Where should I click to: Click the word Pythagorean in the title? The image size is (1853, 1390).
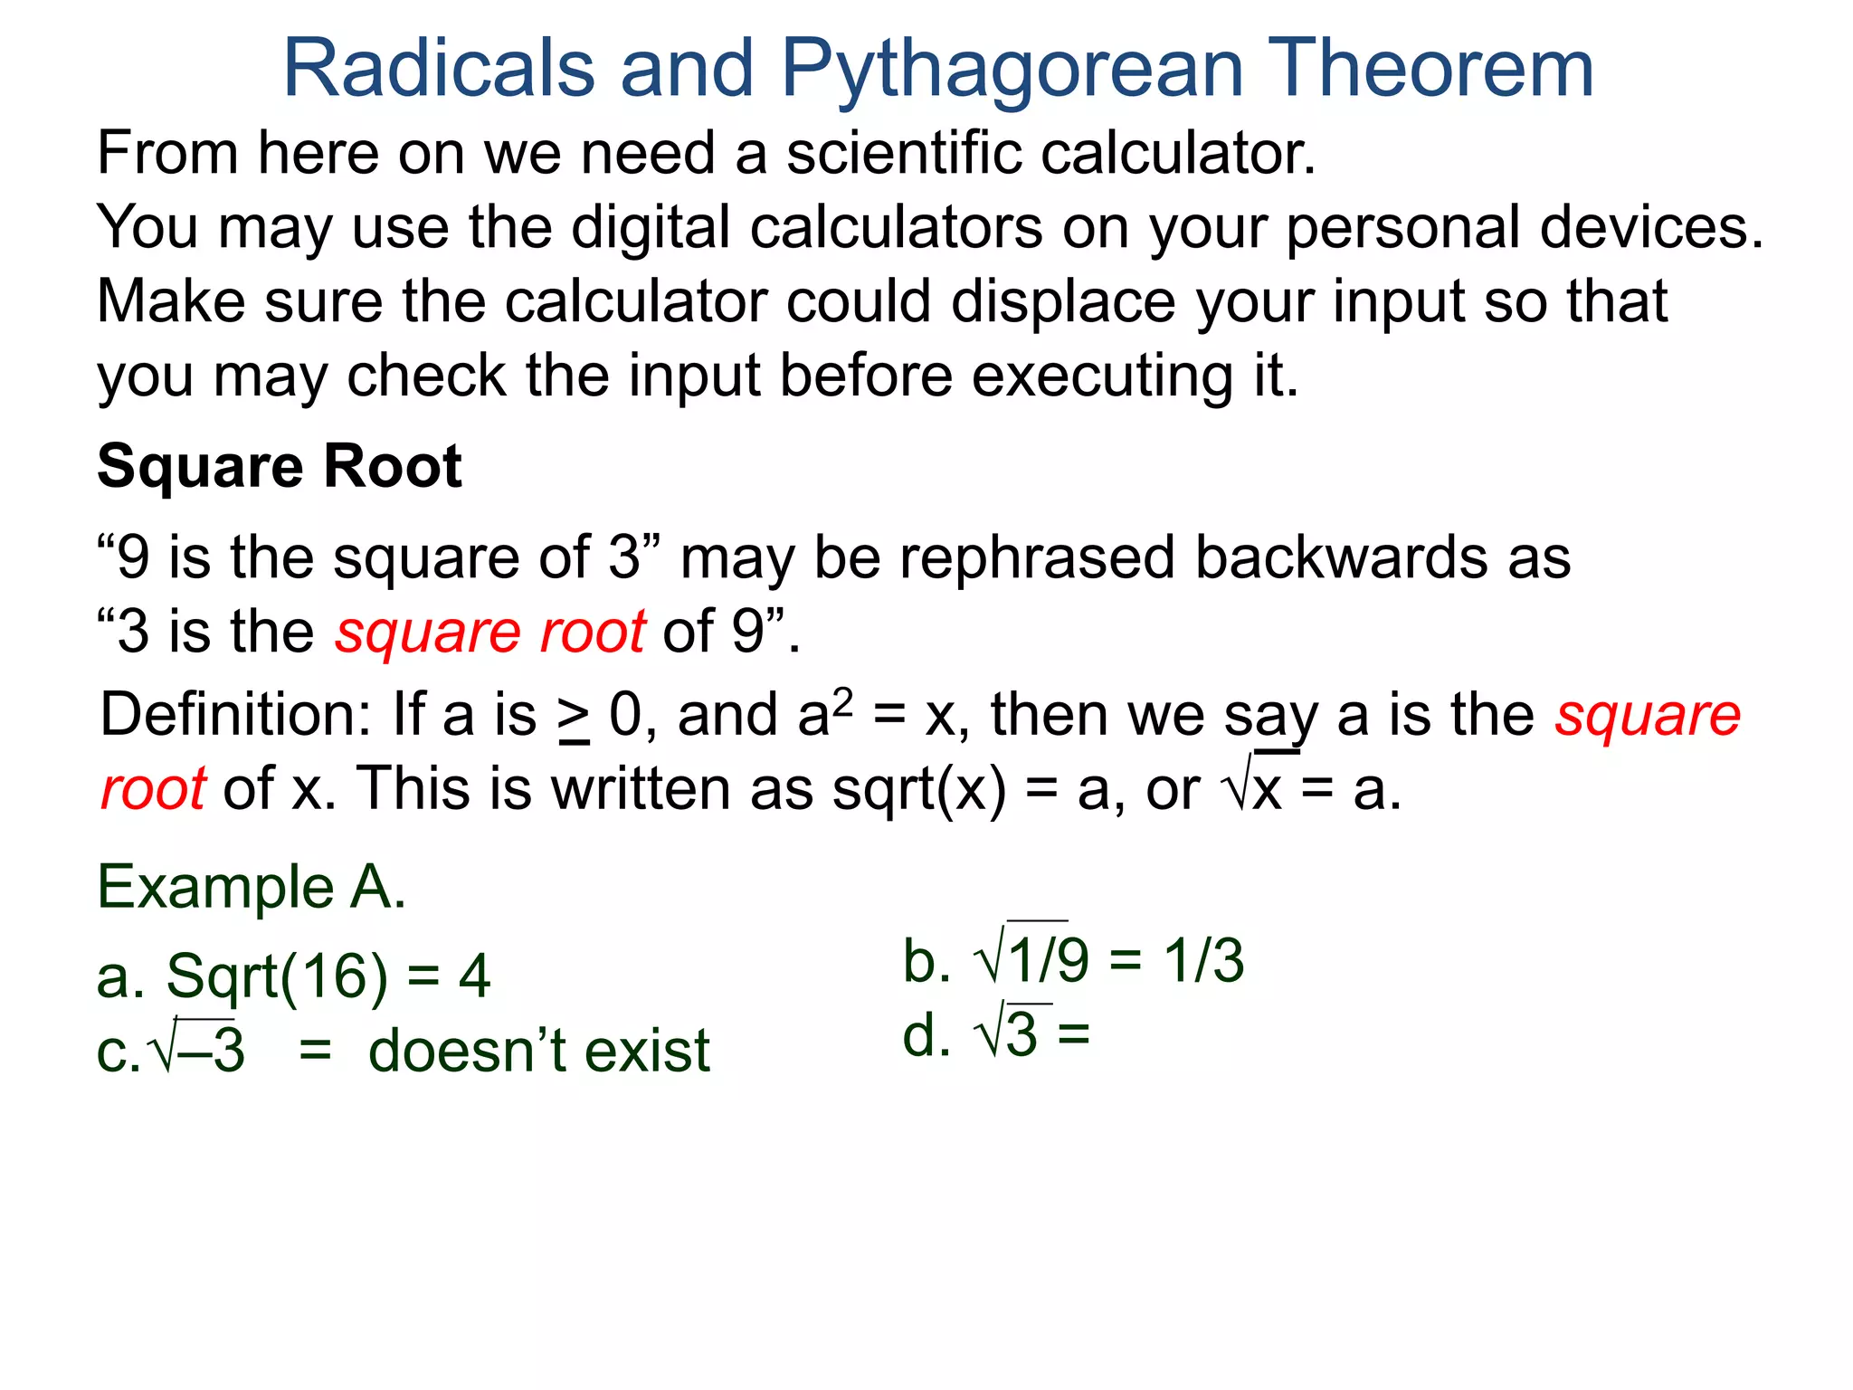[x=1012, y=71]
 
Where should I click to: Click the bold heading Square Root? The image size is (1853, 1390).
[x=280, y=467]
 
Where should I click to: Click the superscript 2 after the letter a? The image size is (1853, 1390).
[x=842, y=700]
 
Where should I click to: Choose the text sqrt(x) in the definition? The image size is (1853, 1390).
[x=918, y=789]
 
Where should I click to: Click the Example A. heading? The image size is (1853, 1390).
[x=252, y=887]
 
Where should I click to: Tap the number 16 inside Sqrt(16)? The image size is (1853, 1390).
[x=334, y=976]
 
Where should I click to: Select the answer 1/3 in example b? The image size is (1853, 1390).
[x=1203, y=960]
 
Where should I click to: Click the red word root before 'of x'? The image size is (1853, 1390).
[x=153, y=789]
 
